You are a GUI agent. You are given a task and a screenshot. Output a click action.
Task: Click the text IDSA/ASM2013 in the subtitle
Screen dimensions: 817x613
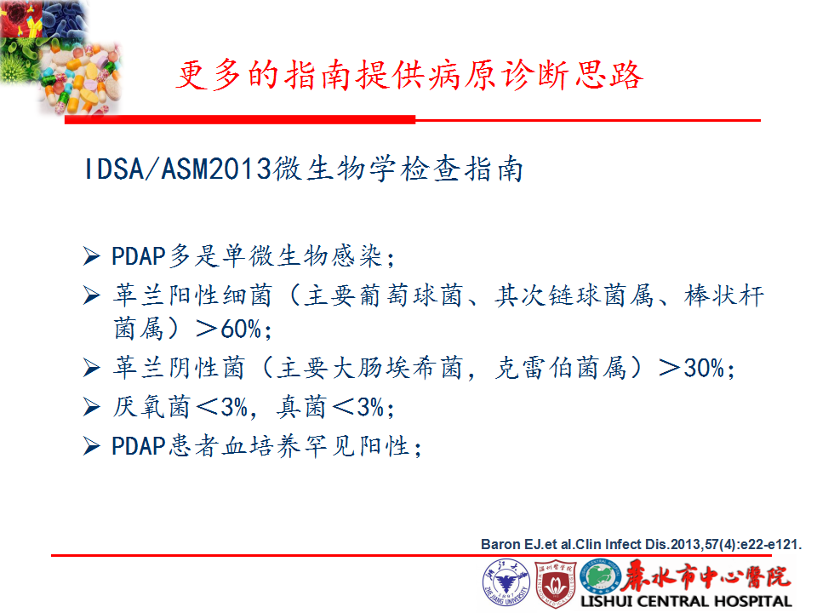(177, 169)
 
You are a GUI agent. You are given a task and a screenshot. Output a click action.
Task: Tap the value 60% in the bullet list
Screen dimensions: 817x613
(241, 329)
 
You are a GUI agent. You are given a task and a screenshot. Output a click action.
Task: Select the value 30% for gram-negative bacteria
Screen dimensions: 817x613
(704, 368)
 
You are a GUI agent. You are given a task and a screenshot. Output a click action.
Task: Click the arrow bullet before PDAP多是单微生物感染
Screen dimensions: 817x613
(92, 256)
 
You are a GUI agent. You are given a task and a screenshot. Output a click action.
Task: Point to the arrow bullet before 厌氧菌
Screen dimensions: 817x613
(92, 407)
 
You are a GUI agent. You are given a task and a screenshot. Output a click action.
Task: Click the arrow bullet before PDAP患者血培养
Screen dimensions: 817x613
(92, 446)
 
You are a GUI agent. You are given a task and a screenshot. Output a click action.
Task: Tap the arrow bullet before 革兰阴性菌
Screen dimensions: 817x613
(92, 368)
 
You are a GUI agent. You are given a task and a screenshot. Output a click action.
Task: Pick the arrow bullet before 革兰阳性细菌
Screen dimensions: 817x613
(92, 295)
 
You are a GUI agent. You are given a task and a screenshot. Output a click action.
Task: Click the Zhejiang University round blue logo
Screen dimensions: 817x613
(506, 582)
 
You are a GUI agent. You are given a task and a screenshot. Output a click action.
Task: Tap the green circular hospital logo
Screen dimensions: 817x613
(600, 576)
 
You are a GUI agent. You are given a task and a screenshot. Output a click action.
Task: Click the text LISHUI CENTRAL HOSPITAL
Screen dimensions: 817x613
(686, 601)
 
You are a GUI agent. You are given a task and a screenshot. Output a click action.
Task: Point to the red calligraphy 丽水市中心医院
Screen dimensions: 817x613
(706, 576)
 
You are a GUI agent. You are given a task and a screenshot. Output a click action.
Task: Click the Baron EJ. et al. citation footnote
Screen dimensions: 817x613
(641, 544)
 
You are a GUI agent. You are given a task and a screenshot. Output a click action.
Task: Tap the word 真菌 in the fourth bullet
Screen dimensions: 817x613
(301, 407)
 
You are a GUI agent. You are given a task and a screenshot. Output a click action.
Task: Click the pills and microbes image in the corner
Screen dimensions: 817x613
(61, 56)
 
